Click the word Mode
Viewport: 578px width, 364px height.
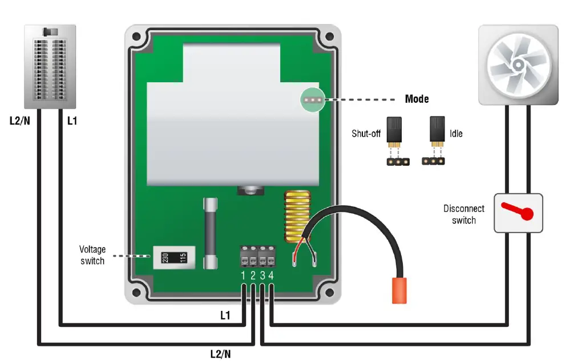(417, 99)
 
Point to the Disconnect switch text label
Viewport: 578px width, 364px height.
(464, 214)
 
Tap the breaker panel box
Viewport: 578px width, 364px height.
(50, 66)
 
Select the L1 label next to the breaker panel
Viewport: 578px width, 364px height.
(72, 121)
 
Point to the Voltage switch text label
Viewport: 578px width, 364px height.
(92, 255)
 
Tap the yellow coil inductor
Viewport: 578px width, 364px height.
(295, 214)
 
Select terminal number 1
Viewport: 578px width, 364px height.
(244, 276)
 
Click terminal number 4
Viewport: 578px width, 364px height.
(271, 276)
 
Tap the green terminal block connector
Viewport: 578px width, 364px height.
(257, 256)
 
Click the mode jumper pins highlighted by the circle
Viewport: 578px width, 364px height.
(312, 99)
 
